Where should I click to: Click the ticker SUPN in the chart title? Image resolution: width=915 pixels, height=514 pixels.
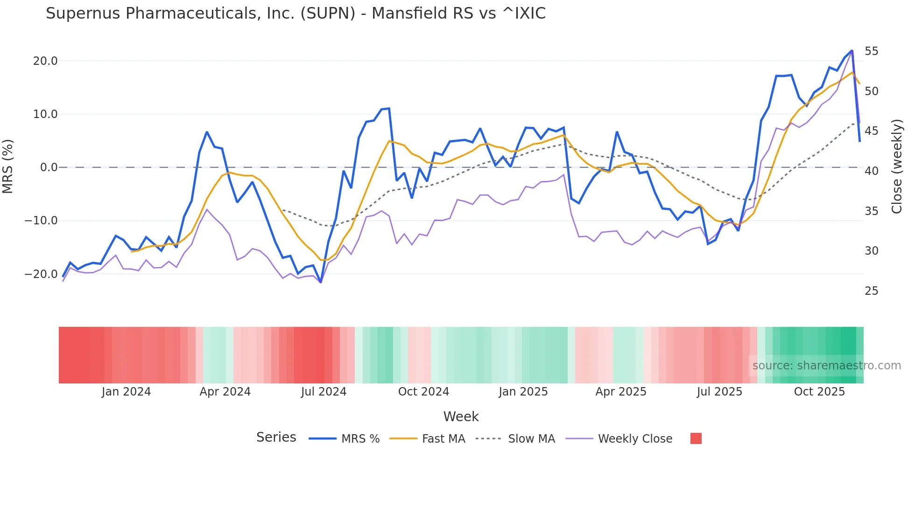point(328,14)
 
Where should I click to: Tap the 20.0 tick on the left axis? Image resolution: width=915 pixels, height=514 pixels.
point(45,61)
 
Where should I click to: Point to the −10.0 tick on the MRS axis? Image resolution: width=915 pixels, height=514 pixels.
point(41,221)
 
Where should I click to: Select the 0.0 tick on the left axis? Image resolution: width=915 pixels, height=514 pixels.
point(49,167)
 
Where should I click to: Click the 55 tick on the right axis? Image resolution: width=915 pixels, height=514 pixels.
point(871,51)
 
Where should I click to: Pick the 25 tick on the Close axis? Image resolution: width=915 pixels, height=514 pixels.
point(871,291)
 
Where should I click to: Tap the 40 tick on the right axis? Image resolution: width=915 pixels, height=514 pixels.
point(871,171)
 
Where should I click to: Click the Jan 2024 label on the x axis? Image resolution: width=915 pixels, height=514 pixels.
point(126,392)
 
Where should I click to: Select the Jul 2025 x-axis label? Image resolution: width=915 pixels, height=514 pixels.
point(719,392)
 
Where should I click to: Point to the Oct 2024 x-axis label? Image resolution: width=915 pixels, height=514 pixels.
point(423,392)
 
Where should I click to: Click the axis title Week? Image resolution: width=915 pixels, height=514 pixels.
point(461,417)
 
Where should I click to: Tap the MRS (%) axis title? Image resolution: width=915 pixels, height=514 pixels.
point(8,167)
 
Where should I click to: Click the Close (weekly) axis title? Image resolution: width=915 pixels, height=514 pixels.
point(897,167)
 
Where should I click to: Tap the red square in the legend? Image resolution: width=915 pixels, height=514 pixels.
point(696,438)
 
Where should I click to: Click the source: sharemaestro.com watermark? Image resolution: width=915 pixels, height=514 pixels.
point(826,366)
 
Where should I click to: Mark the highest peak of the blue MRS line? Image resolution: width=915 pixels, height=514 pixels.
point(852,50)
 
